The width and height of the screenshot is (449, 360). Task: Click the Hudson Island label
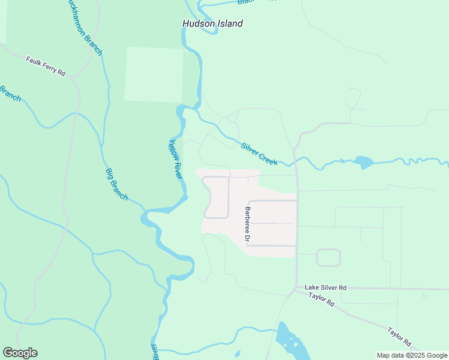pos(212,23)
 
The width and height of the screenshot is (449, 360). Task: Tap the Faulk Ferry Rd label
pos(46,66)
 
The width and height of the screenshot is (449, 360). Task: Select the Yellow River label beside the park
pos(175,159)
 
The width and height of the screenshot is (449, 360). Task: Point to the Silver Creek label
pos(259,154)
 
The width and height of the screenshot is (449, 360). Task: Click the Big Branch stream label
pos(116,184)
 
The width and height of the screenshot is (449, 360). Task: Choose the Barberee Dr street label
pos(247,224)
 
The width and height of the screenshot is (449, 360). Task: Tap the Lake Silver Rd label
pos(325,287)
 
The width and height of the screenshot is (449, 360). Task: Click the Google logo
pos(20,353)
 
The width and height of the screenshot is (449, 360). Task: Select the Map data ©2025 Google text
pos(411,355)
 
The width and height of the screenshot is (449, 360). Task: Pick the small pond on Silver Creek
pos(363,162)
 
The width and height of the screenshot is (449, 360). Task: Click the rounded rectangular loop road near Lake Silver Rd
pos(328,257)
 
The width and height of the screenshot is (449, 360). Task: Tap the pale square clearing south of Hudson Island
pos(154,74)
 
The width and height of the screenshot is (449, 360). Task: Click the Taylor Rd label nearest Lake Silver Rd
pos(321,299)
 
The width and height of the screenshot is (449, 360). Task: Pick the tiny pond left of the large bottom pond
pos(238,354)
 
